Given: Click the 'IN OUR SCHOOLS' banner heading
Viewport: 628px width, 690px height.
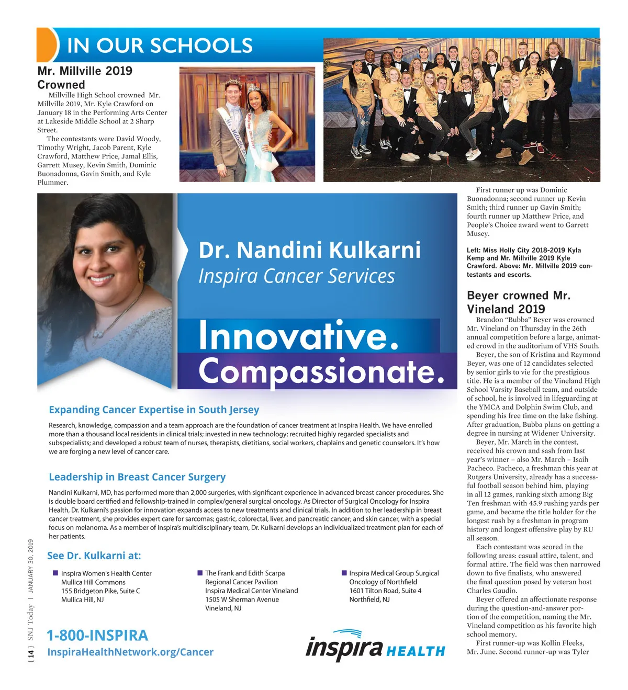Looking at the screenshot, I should click(160, 46).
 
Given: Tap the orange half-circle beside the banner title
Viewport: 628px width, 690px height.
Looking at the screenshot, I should click(46, 45).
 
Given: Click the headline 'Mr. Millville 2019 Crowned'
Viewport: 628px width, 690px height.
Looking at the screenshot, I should click(85, 77).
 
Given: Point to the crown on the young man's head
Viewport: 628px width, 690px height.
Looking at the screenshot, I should click(231, 82).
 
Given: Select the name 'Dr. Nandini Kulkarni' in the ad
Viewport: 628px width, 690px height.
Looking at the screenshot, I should click(309, 250).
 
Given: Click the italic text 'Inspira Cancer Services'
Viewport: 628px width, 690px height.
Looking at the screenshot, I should click(296, 276).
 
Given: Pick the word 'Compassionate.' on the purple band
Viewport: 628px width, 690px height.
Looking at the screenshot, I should click(321, 371).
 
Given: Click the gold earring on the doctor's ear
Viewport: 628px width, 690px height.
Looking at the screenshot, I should click(141, 269).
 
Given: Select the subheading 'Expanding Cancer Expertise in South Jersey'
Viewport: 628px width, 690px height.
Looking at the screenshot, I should click(154, 410).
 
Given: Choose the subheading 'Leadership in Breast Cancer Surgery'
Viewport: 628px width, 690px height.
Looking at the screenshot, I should click(137, 477).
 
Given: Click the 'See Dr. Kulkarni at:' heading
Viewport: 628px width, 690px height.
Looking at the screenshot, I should click(94, 556).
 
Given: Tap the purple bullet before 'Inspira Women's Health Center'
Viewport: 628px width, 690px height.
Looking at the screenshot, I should click(55, 573).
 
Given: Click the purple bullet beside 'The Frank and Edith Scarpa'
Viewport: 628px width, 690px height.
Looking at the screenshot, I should click(200, 573).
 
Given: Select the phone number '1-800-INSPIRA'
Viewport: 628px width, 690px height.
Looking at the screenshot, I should click(97, 636).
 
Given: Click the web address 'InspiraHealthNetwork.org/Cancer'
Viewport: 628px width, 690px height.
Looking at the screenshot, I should click(130, 652).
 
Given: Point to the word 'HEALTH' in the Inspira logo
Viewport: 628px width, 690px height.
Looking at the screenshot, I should click(416, 651).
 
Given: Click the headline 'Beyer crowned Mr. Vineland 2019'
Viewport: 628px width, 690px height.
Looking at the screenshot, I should click(518, 302).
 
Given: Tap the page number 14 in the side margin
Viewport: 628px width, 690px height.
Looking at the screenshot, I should click(31, 653).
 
